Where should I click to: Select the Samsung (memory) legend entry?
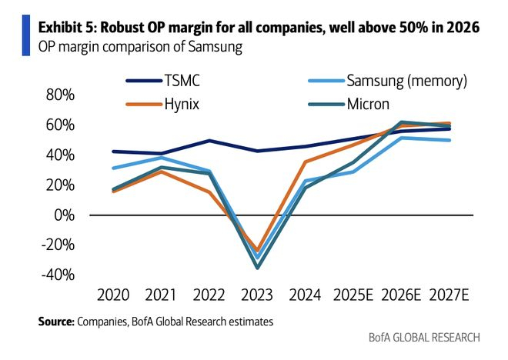(406, 80)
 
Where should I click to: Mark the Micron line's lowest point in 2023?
(257, 268)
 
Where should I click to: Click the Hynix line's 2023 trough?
(257, 252)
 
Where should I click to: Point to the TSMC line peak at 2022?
(209, 141)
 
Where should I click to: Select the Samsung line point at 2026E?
(401, 138)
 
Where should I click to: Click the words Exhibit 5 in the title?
(67, 28)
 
